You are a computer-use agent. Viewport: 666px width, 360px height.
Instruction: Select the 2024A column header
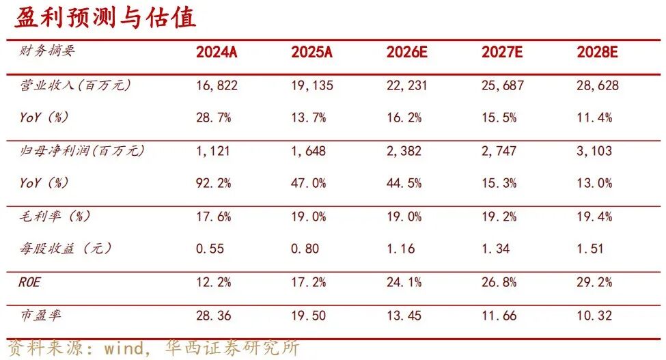(217, 53)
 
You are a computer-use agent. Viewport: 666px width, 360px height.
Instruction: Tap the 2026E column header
(407, 53)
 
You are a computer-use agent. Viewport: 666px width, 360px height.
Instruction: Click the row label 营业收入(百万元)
(75, 85)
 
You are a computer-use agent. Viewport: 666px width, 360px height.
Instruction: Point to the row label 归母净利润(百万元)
(82, 151)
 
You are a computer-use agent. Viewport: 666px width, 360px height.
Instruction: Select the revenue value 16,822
(216, 85)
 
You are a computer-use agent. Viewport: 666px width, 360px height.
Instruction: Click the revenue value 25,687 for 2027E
(502, 85)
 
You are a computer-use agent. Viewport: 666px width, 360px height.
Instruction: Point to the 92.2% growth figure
(213, 183)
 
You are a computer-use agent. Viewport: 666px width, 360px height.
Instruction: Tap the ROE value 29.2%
(594, 282)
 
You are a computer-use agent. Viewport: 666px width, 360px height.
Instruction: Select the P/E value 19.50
(309, 316)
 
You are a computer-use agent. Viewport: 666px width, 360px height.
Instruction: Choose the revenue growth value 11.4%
(594, 117)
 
